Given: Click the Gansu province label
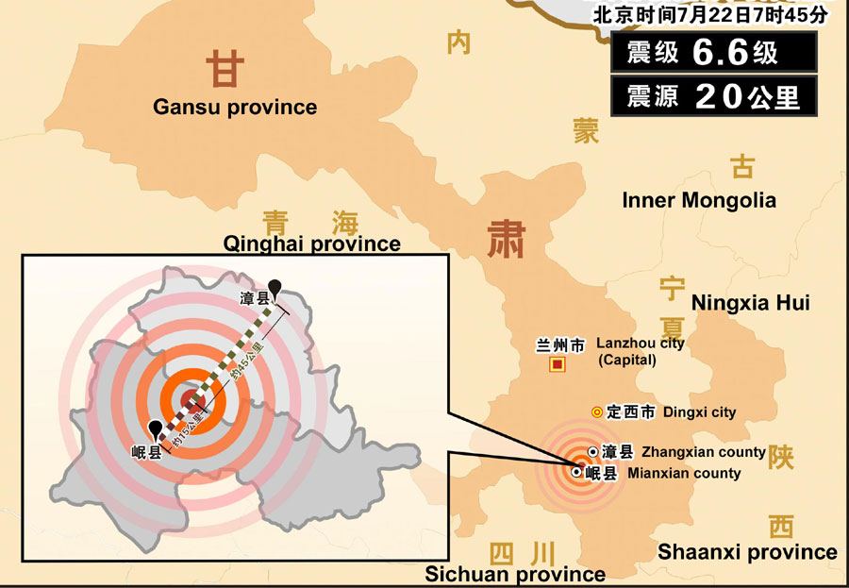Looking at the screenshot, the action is pos(235,107).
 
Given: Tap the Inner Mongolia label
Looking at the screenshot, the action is pos(699,200).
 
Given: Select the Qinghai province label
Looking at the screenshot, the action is pos(311,244).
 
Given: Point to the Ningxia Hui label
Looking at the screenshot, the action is pos(750,303).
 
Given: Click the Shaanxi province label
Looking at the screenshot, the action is pos(747,552).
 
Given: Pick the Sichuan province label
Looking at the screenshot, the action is pos(515,574).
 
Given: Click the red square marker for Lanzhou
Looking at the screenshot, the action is pos(558,363).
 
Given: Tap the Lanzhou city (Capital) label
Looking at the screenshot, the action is pos(641,351).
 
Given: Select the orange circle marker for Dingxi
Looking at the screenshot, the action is pos(596,412).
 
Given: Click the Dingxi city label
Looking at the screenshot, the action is pos(699,412).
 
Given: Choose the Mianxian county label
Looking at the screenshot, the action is pos(684,473).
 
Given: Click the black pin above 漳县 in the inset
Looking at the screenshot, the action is pos(275,287).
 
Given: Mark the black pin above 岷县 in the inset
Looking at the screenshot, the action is pos(154,429).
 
